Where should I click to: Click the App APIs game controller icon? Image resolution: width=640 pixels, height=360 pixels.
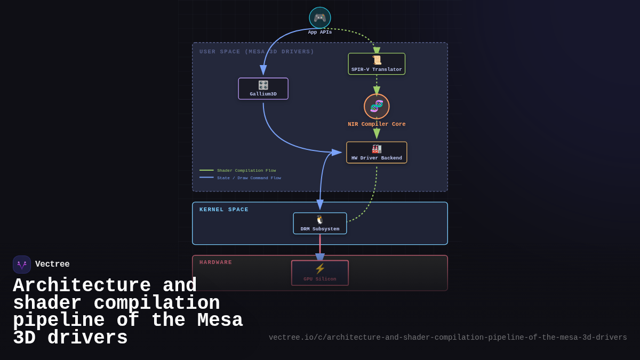point(320,18)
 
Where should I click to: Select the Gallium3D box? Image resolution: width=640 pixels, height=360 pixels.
point(263,89)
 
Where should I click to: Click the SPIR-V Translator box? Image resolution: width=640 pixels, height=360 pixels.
point(377,64)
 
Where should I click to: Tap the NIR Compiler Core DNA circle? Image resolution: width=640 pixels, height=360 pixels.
point(377,106)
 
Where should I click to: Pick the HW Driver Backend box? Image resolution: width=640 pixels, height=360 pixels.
point(377,153)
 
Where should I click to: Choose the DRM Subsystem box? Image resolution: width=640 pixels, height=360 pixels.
point(320,223)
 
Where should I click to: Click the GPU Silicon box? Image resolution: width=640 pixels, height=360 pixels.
point(320,273)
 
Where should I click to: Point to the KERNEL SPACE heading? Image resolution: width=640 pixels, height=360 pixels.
point(224,210)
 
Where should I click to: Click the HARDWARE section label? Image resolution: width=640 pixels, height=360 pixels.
point(216,262)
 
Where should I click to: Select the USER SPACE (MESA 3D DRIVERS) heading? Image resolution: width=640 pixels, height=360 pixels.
point(257,52)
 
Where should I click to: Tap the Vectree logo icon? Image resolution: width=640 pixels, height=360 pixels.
point(22,265)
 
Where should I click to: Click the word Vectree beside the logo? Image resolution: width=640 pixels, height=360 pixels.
point(52,264)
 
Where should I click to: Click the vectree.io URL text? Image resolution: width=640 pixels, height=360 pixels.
point(447,338)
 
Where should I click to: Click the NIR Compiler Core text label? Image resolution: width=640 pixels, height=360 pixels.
point(377,124)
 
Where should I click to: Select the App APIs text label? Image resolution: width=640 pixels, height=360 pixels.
point(320,33)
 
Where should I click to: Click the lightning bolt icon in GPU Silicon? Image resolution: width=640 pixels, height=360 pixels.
point(320,268)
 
